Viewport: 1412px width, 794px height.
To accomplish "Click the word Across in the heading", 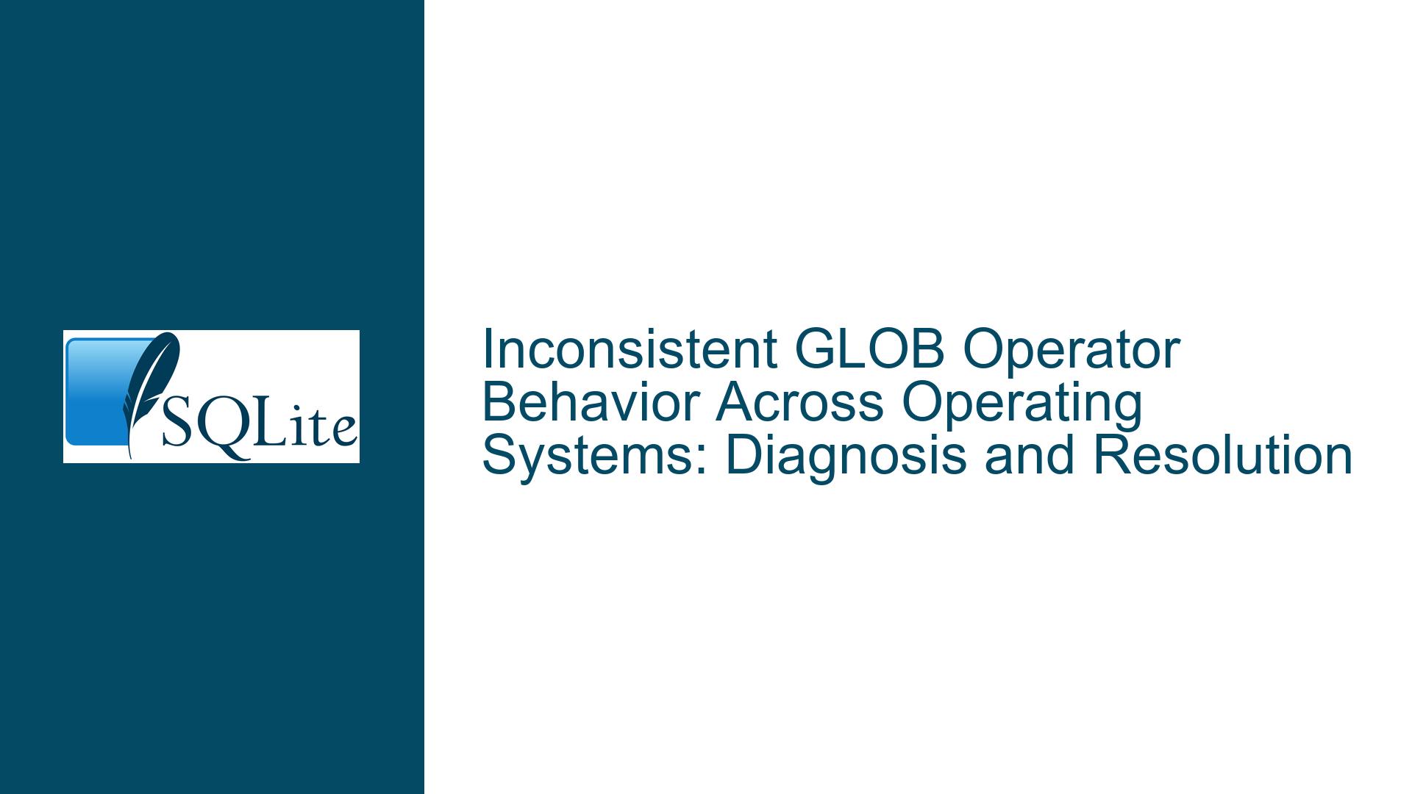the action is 799,402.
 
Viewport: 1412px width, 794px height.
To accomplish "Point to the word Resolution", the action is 1222,455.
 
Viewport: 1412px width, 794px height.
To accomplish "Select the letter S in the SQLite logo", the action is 177,425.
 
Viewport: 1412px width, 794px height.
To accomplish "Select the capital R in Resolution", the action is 1110,455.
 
